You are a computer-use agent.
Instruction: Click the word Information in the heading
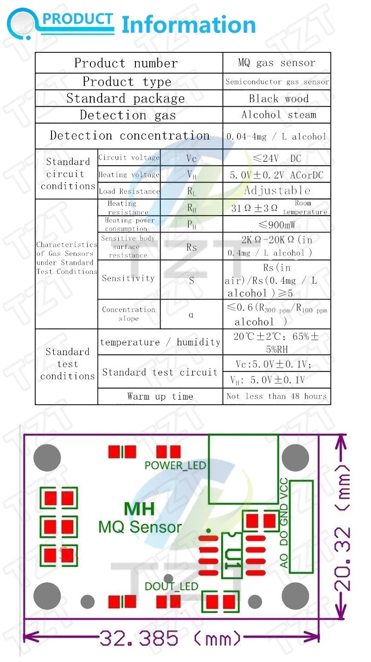coord(188,25)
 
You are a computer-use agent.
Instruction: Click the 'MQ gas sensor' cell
coord(276,63)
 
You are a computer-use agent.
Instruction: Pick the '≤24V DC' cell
coord(277,159)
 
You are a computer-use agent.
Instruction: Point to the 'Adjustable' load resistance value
coord(277,191)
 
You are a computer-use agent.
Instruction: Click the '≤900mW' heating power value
coord(277,225)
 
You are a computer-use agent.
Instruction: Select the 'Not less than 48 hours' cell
coord(276,396)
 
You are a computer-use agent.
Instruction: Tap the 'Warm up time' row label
coord(160,396)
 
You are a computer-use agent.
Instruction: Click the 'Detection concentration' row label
coord(129,136)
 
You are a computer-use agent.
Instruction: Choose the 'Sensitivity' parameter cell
coord(128,278)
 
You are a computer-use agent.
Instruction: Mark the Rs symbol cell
coord(192,248)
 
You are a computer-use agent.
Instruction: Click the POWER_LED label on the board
coord(175,465)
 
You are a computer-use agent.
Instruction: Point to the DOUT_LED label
coord(171,586)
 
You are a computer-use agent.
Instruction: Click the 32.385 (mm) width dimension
coord(170,639)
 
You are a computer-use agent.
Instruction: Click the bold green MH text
coord(139,509)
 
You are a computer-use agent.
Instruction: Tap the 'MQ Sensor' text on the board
coord(140,527)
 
